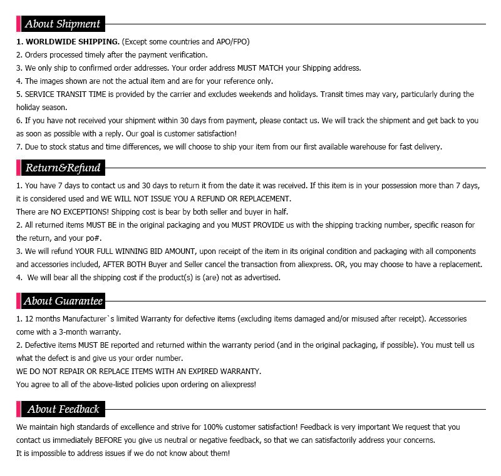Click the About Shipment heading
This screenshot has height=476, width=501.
pyautogui.click(x=62, y=24)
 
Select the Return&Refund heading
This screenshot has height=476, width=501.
pyautogui.click(x=63, y=168)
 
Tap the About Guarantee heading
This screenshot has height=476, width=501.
pyautogui.click(x=63, y=301)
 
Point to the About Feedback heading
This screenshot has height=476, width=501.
pyautogui.click(x=63, y=409)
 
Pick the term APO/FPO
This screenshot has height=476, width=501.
pyautogui.click(x=232, y=42)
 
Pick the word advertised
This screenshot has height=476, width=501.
pyautogui.click(x=261, y=278)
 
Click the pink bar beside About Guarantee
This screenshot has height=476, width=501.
pyautogui.click(x=18, y=301)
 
